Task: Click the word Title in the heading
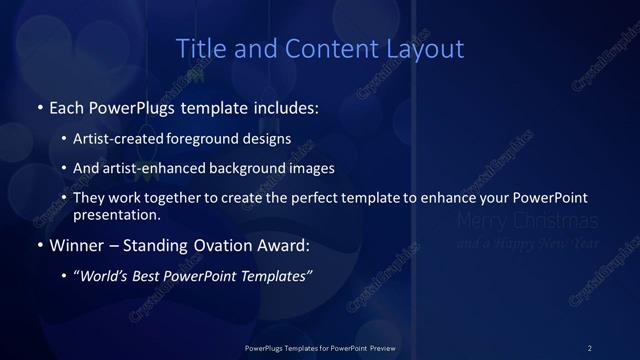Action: pyautogui.click(x=198, y=49)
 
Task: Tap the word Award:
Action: pyautogui.click(x=284, y=245)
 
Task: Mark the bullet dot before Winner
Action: pyautogui.click(x=39, y=245)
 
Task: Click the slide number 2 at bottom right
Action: pyautogui.click(x=589, y=347)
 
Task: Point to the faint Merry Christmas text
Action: pyautogui.click(x=526, y=221)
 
